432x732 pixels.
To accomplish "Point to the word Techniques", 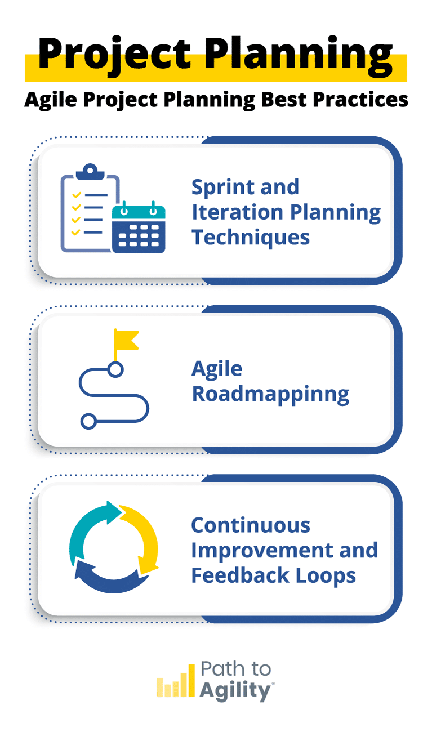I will tap(251, 237).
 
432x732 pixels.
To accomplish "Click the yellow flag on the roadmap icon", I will tap(125, 340).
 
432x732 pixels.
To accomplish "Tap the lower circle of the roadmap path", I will tap(87, 421).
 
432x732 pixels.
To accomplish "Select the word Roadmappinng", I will tap(270, 394).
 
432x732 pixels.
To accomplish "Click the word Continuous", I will tap(251, 525).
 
